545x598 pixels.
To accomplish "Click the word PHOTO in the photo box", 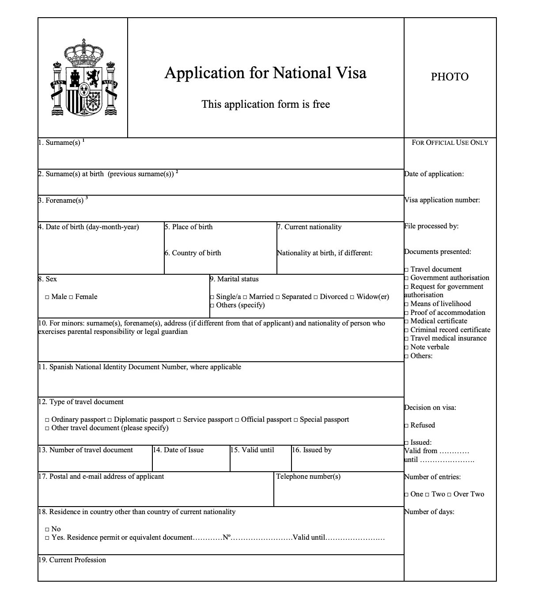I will (450, 77).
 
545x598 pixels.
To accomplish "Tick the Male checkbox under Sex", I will (47, 297).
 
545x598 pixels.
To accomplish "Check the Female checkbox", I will (71, 297).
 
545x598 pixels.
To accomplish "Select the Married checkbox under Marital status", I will (245, 297).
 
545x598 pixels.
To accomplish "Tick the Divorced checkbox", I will (315, 297).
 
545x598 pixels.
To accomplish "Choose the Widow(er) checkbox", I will (352, 297).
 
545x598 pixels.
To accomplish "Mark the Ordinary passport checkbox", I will (47, 420).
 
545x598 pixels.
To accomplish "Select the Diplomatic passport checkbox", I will (110, 420).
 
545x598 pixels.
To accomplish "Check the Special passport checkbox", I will (295, 420).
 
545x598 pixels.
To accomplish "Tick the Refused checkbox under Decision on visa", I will (406, 426).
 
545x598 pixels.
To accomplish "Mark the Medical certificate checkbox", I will (406, 322).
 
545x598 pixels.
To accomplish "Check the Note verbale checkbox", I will (406, 348).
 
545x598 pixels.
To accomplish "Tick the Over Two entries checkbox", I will (449, 495).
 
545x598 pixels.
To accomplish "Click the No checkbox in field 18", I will (47, 530).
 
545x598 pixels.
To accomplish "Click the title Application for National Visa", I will (265, 73).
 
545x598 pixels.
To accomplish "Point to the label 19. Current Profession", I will (72, 560).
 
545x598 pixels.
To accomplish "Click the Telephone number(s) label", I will (308, 477).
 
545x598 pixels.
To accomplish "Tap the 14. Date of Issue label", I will (178, 450).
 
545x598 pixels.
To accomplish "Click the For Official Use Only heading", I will (450, 143).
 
